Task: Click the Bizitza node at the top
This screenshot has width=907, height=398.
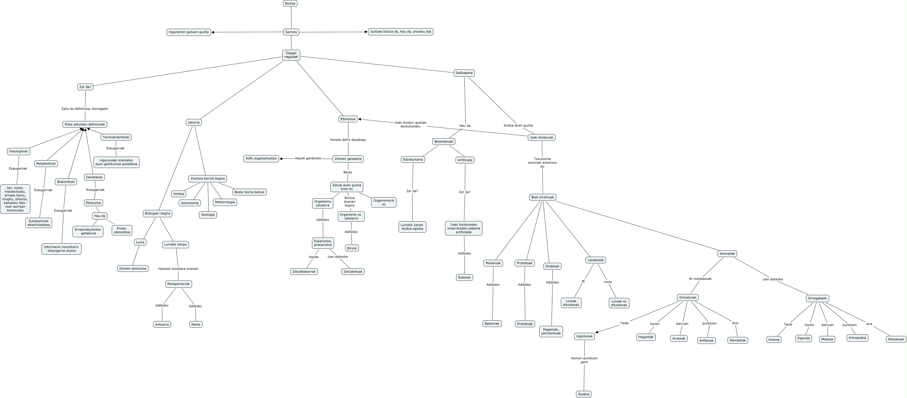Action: pyautogui.click(x=290, y=4)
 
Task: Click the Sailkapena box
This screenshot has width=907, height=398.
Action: pyautogui.click(x=464, y=73)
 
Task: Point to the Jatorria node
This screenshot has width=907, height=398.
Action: pyautogui.click(x=194, y=123)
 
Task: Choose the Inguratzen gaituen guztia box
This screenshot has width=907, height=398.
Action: pyautogui.click(x=188, y=32)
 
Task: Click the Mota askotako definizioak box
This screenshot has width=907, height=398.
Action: pyautogui.click(x=85, y=124)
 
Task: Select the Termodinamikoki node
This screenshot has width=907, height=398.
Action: pyautogui.click(x=116, y=137)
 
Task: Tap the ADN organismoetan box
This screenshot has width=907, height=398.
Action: pyautogui.click(x=261, y=158)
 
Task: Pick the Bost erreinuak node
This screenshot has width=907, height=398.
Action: pyautogui.click(x=542, y=197)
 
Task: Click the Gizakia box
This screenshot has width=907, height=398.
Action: pyautogui.click(x=583, y=394)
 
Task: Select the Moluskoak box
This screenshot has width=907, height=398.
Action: pyautogui.click(x=896, y=339)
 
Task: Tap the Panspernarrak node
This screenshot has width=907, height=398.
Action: pyautogui.click(x=178, y=284)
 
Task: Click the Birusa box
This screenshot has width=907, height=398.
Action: pyautogui.click(x=352, y=248)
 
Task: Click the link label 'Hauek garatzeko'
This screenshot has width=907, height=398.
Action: pyautogui.click(x=308, y=158)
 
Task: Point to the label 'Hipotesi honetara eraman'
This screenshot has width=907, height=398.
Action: pyautogui.click(x=178, y=269)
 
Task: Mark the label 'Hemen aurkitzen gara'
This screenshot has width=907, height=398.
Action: pyautogui.click(x=584, y=360)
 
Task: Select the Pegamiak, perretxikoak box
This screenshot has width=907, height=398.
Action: pyautogui.click(x=551, y=331)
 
